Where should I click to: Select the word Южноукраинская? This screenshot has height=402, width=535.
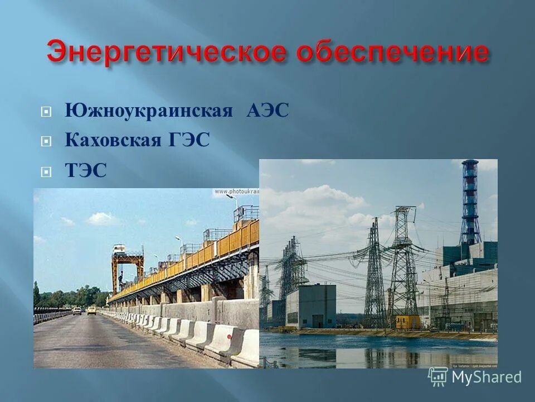148,110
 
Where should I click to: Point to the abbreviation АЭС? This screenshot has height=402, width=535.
267,110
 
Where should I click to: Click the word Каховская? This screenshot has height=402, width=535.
113,140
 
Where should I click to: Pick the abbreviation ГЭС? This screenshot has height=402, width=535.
188,140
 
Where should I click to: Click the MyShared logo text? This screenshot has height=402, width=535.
486,377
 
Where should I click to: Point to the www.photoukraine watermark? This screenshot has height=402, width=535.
237,192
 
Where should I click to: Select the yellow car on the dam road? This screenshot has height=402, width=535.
91,310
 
